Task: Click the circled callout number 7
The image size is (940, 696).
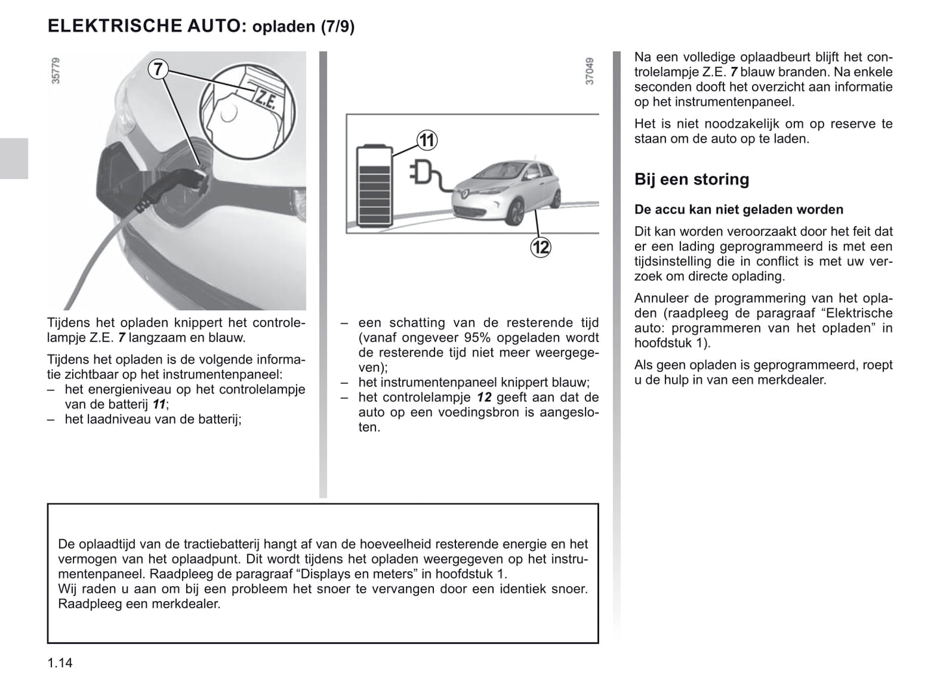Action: coord(158,69)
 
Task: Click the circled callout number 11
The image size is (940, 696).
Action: coord(427,140)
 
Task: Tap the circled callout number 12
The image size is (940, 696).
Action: coord(541,247)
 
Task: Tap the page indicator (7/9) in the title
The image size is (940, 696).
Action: coord(337,27)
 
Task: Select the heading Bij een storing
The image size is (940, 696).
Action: coord(692,180)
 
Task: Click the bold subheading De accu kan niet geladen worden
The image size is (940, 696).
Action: coord(738,209)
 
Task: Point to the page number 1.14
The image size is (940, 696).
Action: coord(60,663)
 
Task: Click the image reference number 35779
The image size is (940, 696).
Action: coord(55,71)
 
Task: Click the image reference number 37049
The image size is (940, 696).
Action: coord(589,71)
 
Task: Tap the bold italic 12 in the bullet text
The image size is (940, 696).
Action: coord(483,397)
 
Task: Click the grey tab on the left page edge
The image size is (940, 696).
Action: coord(14,158)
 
